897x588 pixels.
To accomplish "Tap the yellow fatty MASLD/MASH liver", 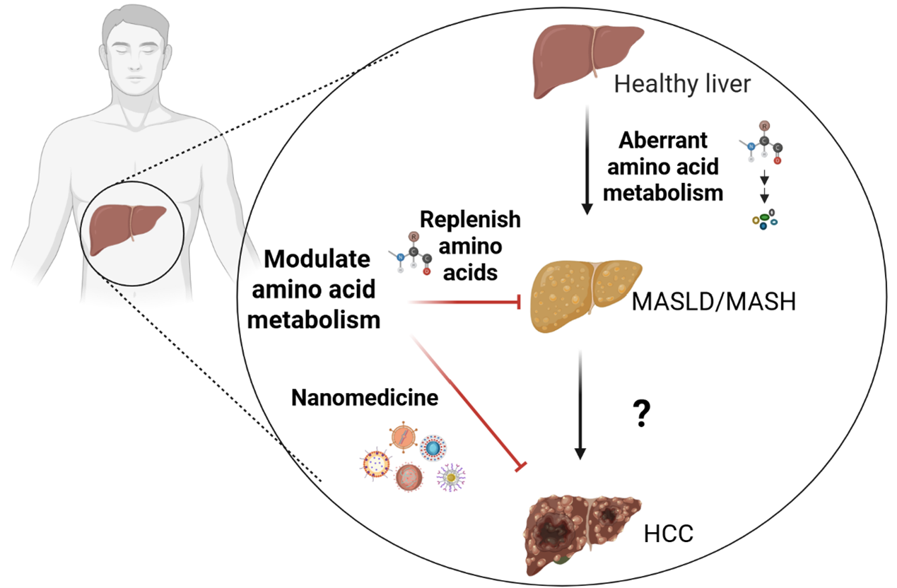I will (586, 297).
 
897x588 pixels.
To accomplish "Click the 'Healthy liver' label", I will (681, 84).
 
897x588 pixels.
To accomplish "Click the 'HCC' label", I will (669, 534).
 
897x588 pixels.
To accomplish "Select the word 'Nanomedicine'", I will (365, 399).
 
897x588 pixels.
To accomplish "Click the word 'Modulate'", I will (317, 259).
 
